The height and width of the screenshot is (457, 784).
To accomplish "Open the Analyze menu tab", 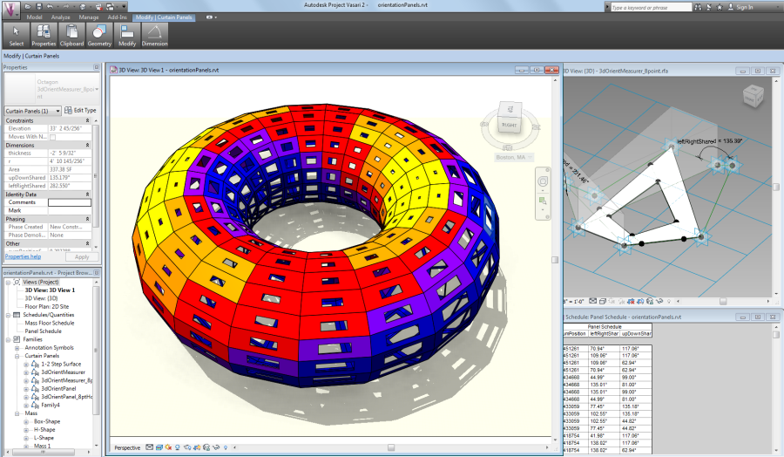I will pos(61,17).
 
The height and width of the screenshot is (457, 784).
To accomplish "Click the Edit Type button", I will pos(81,111).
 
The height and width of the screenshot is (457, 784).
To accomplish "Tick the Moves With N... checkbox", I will pos(52,137).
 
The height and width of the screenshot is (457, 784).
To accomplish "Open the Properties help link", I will pos(23,257).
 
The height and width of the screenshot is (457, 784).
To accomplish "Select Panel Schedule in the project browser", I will pos(44,331).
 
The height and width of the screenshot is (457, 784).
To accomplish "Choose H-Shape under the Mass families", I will pos(44,430).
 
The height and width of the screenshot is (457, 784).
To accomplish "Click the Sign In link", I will pos(745,7).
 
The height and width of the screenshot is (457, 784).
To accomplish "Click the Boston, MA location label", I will pos(512,158).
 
